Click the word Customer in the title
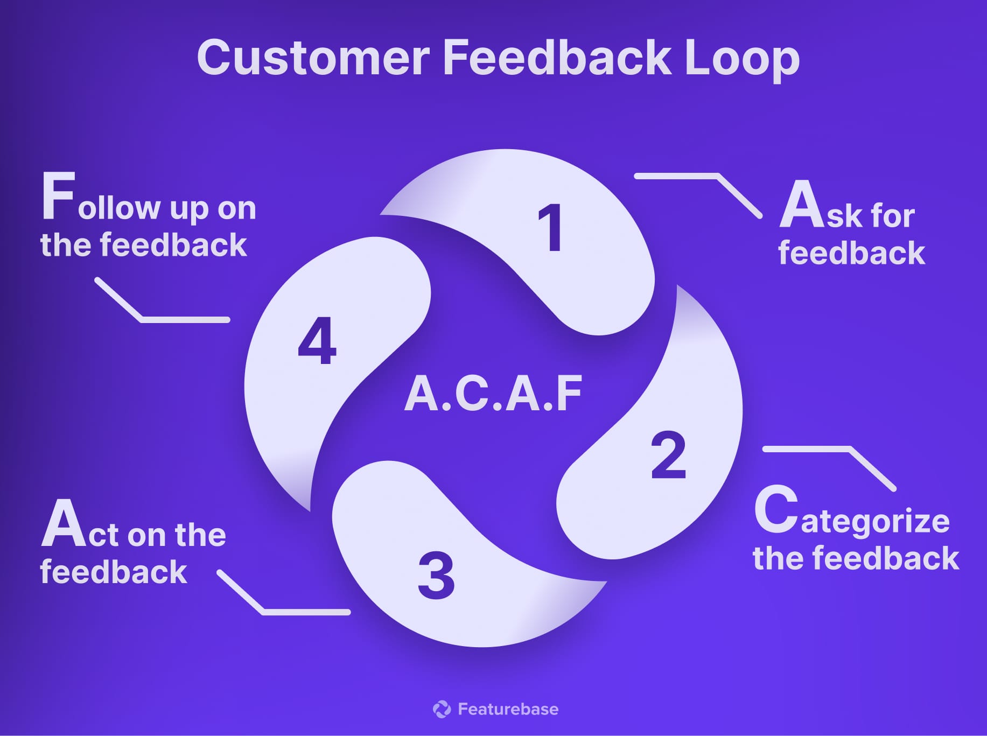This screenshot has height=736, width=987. point(313,58)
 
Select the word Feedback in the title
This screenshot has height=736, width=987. point(557,58)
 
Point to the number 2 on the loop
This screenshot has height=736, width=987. point(668,455)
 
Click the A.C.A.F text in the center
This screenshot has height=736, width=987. point(493,395)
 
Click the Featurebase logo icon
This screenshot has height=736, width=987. point(442,709)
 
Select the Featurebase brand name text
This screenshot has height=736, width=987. point(508,709)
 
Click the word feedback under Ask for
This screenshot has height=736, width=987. point(851,253)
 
